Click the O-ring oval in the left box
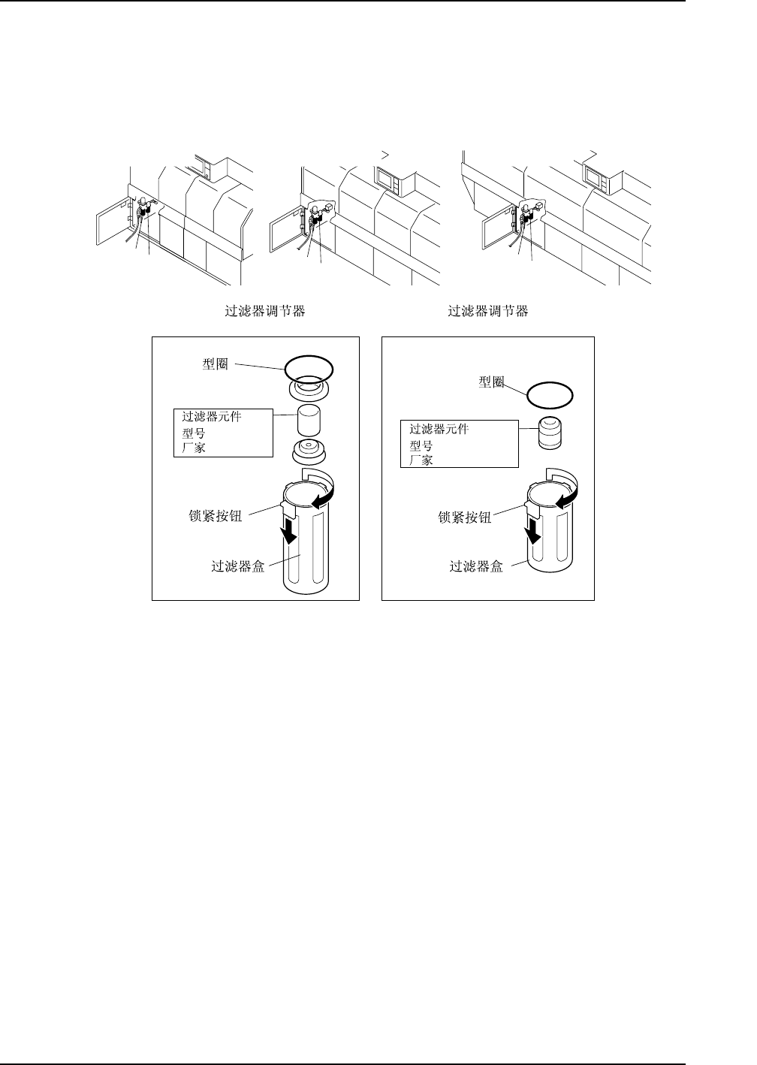pyautogui.click(x=309, y=367)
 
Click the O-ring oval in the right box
pyautogui.click(x=550, y=394)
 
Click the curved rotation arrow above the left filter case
pyautogui.click(x=324, y=488)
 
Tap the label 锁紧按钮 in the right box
pyautogui.click(x=464, y=517)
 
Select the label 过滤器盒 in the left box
pyautogui.click(x=238, y=567)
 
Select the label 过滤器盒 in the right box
pyautogui.click(x=476, y=566)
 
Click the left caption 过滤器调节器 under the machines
pyautogui.click(x=265, y=311)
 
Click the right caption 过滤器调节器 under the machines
pyautogui.click(x=488, y=311)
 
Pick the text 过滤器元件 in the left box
pyautogui.click(x=212, y=417)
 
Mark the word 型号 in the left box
pyautogui.click(x=194, y=433)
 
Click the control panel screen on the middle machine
pyautogui.click(x=389, y=180)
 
